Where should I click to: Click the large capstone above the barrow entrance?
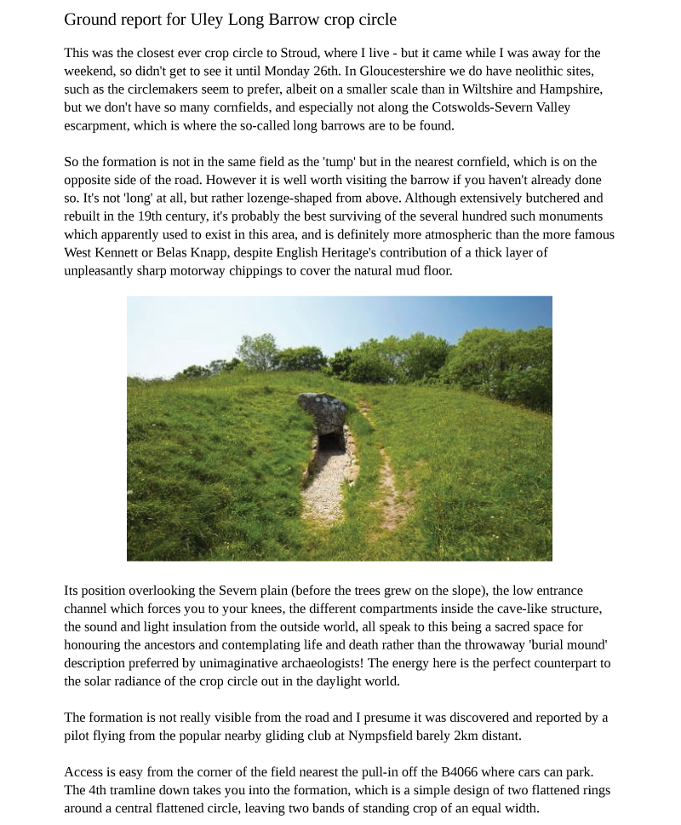click(x=323, y=411)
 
